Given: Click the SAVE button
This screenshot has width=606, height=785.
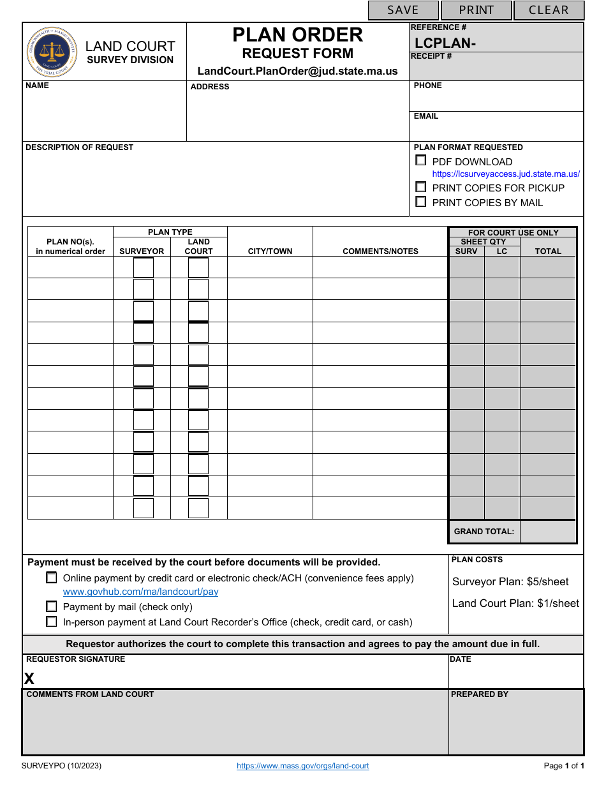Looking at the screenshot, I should pyautogui.click(x=403, y=10).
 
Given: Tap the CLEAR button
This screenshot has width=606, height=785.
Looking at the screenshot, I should pyautogui.click(x=549, y=10).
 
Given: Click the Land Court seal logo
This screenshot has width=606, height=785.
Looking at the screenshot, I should pyautogui.click(x=52, y=52).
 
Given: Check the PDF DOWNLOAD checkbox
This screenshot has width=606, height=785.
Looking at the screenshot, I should pyautogui.click(x=421, y=161).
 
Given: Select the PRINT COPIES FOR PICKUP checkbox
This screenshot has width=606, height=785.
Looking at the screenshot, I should pyautogui.click(x=421, y=187).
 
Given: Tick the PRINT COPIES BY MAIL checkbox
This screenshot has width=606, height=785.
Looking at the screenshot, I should pyautogui.click(x=421, y=202).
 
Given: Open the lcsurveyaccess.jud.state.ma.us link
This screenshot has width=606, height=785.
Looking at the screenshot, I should pyautogui.click(x=506, y=174).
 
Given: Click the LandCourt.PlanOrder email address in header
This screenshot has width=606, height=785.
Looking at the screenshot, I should pyautogui.click(x=297, y=71).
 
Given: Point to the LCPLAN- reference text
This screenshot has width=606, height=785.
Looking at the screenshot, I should pyautogui.click(x=445, y=43).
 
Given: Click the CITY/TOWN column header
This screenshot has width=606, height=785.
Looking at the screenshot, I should pyautogui.click(x=270, y=251).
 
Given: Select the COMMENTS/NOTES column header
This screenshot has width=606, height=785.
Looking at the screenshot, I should pyautogui.click(x=380, y=251).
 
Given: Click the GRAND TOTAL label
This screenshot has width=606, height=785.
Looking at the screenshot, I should pyautogui.click(x=484, y=532).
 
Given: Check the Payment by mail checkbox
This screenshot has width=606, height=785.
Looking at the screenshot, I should pyautogui.click(x=52, y=606).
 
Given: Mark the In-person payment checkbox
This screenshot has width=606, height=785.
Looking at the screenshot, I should pyautogui.click(x=52, y=622).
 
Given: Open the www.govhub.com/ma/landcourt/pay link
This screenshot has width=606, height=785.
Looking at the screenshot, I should pyautogui.click(x=140, y=592).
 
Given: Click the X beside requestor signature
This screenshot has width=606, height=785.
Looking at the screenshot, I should pyautogui.click(x=29, y=679).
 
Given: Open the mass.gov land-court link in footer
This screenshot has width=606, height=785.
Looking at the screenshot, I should pyautogui.click(x=302, y=766).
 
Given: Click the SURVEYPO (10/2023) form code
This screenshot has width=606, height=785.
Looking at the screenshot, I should pyautogui.click(x=61, y=766).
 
